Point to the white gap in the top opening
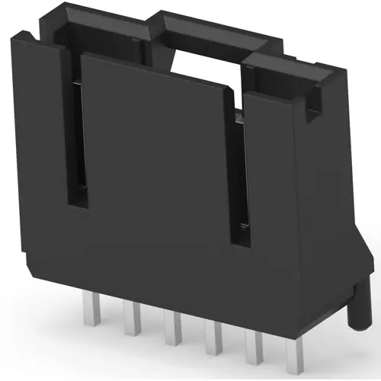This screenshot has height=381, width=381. pos(202,65)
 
